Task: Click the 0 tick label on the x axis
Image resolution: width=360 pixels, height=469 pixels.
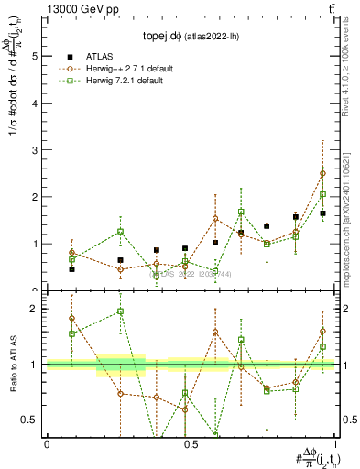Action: coord(47,444)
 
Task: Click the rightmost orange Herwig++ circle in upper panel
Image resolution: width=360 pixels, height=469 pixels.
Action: coord(322,173)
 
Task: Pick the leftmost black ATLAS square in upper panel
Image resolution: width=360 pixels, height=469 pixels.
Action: coord(71,269)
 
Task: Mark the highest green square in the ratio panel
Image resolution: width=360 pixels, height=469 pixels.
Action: coord(120,311)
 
